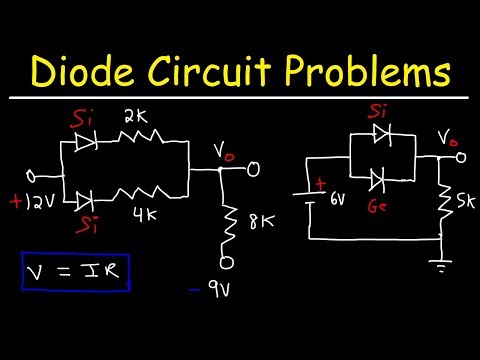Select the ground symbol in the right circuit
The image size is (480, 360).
[441, 265]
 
